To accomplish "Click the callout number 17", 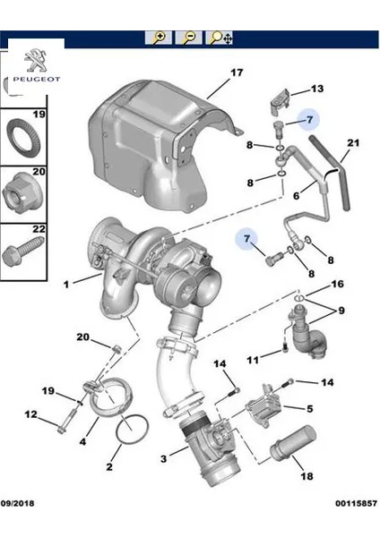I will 237,72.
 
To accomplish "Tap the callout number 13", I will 316,89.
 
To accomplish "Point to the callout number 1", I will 66,286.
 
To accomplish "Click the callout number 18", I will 309,410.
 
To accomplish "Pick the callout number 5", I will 309,410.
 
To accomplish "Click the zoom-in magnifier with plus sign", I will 159,38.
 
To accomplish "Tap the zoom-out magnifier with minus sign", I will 189,38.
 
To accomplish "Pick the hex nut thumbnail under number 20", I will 24,192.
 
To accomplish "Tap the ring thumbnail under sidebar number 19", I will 24,139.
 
